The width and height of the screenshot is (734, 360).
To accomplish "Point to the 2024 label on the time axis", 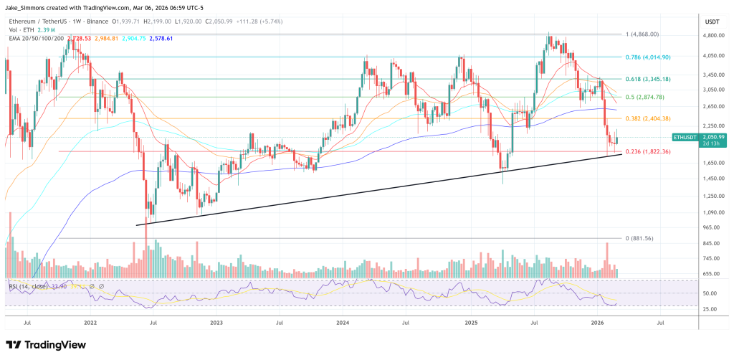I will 343,323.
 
